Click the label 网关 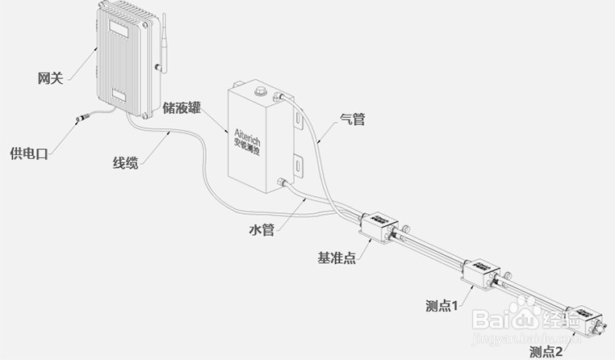[x=50, y=78]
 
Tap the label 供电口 [x=29, y=153]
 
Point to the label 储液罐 [x=182, y=107]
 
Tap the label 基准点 [x=337, y=258]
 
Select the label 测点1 [x=442, y=306]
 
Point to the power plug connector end [x=81, y=121]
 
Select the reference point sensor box [x=377, y=224]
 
